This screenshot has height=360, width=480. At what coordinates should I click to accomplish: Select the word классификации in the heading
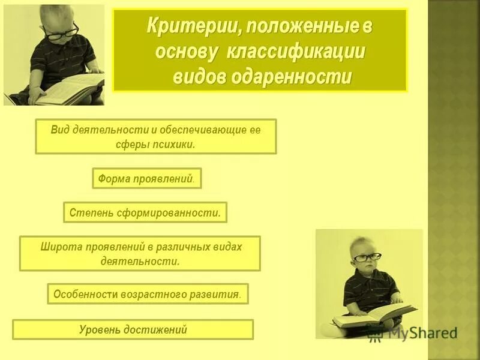point(296,52)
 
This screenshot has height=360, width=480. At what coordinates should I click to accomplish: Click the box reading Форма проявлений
point(146,179)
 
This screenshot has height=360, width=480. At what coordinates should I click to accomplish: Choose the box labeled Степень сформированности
point(145,212)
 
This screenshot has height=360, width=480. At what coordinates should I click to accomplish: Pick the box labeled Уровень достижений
point(133,329)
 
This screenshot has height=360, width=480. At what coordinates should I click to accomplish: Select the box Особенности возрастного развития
point(148,294)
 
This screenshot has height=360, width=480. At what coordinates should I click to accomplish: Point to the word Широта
point(61,247)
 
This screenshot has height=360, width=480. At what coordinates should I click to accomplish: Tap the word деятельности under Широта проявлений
point(140,261)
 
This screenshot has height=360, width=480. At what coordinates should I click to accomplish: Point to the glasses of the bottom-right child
point(367,257)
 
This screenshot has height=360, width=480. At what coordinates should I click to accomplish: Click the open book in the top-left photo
point(69,89)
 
